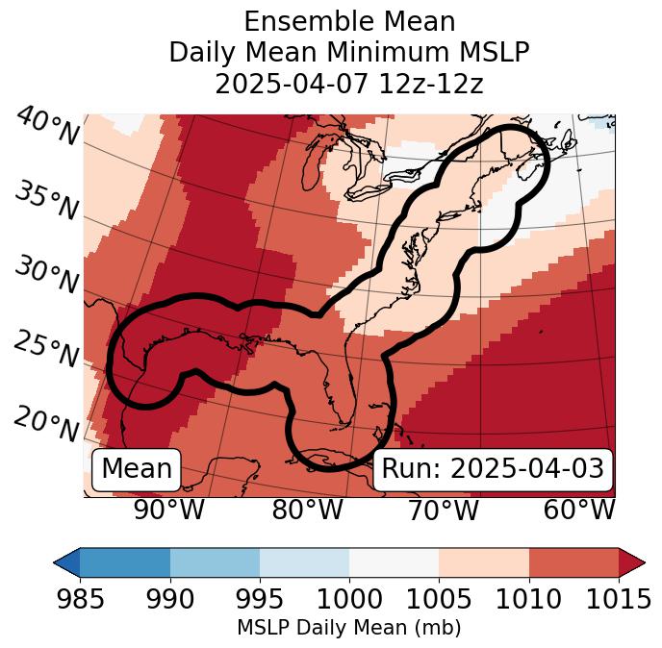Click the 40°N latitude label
(47, 128)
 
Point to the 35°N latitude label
(46, 201)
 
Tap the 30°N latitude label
(46, 275)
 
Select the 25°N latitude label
(46, 350)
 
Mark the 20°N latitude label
(46, 423)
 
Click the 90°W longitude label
(169, 511)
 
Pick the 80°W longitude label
(307, 511)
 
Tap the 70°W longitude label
(443, 511)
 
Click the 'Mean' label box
(137, 469)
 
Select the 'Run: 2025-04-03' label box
(493, 469)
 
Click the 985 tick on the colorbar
(80, 600)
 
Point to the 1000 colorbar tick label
(348, 600)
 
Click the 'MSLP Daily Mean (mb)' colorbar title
(348, 629)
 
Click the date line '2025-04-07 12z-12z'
(348, 84)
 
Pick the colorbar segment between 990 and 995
(215, 561)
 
